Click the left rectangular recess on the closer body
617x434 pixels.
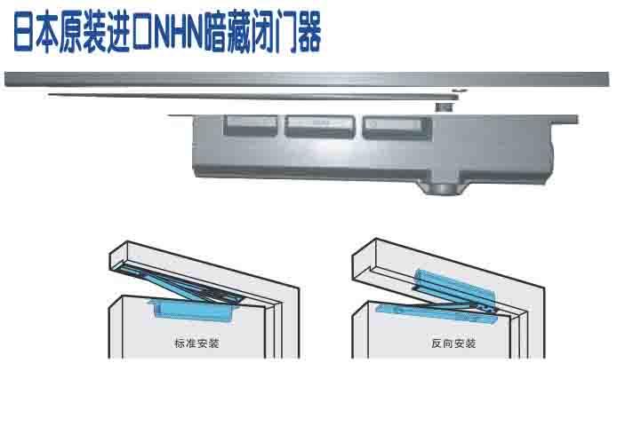pos(248,124)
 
